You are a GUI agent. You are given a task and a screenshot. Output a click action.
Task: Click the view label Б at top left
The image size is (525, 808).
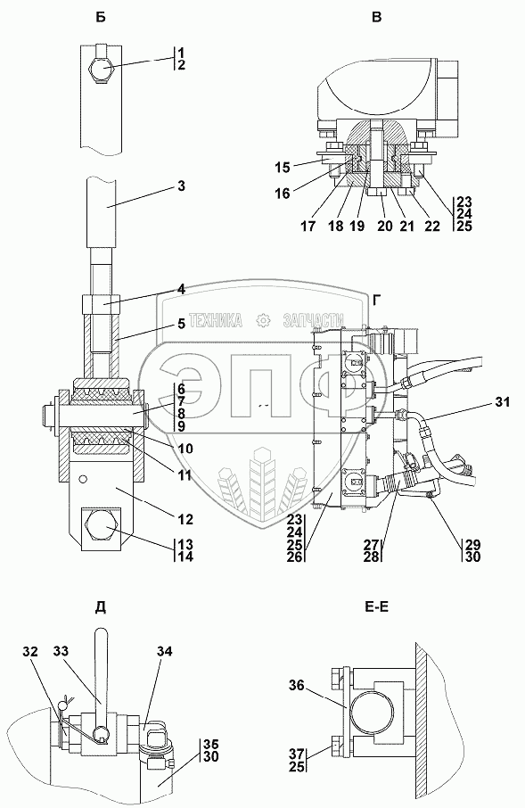pyautogui.click(x=101, y=18)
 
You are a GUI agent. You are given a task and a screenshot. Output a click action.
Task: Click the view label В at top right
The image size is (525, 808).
pyautogui.click(x=377, y=18)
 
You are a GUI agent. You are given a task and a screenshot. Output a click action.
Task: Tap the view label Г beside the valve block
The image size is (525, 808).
pyautogui.click(x=377, y=300)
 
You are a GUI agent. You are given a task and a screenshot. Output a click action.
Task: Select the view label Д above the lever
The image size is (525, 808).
pyautogui.click(x=101, y=607)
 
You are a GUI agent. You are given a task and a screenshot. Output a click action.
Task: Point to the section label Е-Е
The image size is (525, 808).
pyautogui.click(x=377, y=607)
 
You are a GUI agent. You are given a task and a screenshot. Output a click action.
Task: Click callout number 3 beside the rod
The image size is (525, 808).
pyautogui.click(x=181, y=186)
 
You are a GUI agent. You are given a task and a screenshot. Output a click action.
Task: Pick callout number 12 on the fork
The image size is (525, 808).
pyautogui.click(x=185, y=519)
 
